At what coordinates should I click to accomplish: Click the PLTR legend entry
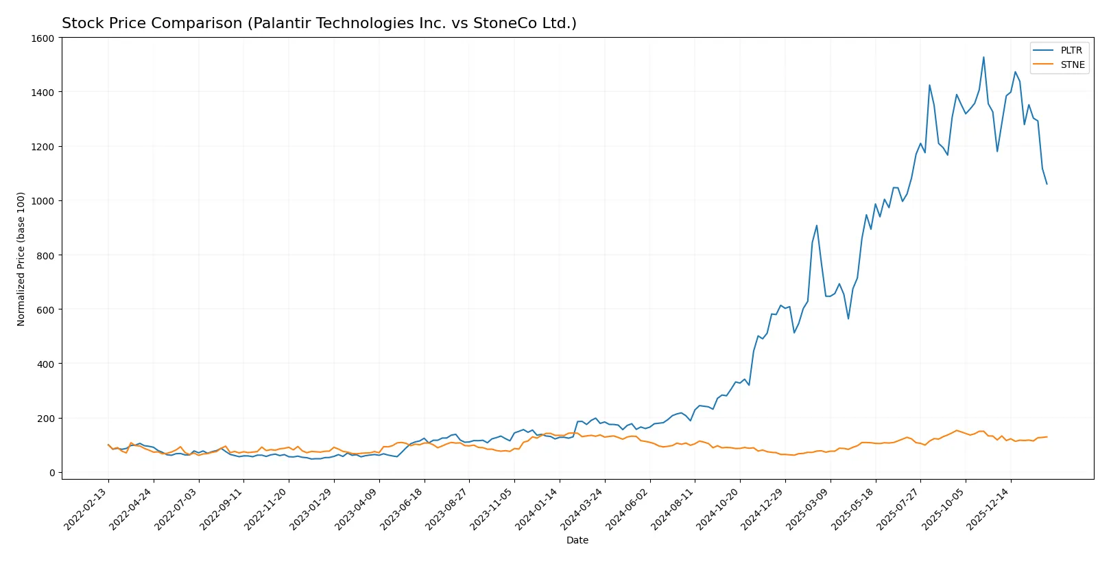pos(1071,50)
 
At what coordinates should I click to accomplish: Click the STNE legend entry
pos(1072,65)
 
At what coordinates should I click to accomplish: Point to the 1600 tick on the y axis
pos(43,38)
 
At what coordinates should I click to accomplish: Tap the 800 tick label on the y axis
pos(45,255)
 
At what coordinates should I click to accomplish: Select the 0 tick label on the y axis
pos(51,473)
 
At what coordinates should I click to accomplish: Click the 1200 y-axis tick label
pos(43,147)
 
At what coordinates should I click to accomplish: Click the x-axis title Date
pos(577,541)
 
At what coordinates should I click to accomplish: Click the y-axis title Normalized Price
pos(21,259)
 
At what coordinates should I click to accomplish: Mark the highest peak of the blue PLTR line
pos(983,57)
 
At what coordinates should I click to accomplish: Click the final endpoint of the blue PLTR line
pos(1047,184)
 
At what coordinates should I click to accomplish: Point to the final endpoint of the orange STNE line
pos(1047,437)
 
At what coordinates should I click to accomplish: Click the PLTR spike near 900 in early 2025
pos(816,225)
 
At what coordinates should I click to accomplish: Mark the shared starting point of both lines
pos(108,445)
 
